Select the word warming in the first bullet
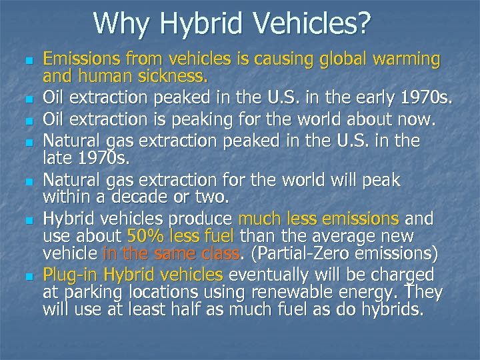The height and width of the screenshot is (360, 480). [405, 60]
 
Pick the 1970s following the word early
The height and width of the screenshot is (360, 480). [423, 100]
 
